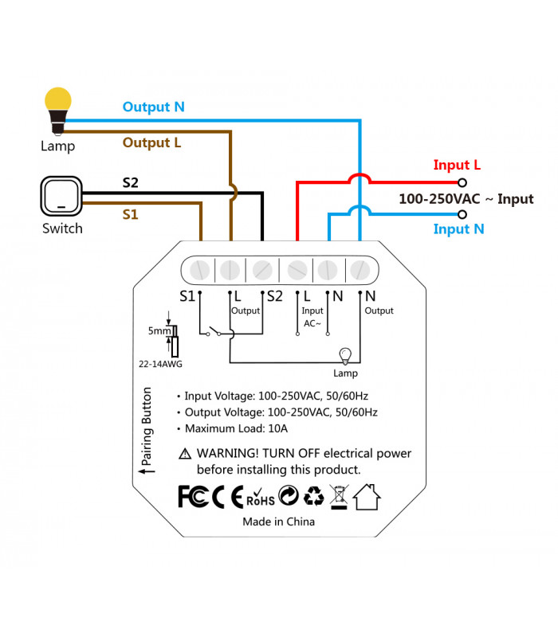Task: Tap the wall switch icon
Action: tap(61, 196)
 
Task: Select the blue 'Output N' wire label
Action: tap(154, 107)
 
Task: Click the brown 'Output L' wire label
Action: tap(151, 143)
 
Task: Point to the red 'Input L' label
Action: tap(457, 166)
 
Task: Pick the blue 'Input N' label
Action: tap(458, 229)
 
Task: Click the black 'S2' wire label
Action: tap(130, 183)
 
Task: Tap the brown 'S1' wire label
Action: tap(130, 214)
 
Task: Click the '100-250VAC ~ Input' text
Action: tap(466, 198)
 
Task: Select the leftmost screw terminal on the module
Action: tap(198, 270)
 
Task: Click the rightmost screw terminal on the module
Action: tap(358, 270)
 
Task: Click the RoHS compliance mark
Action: tap(260, 497)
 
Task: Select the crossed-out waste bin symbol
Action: tap(339, 496)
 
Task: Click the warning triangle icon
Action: tap(185, 454)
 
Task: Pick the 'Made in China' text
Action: tap(278, 522)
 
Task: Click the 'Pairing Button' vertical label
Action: tap(146, 430)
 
